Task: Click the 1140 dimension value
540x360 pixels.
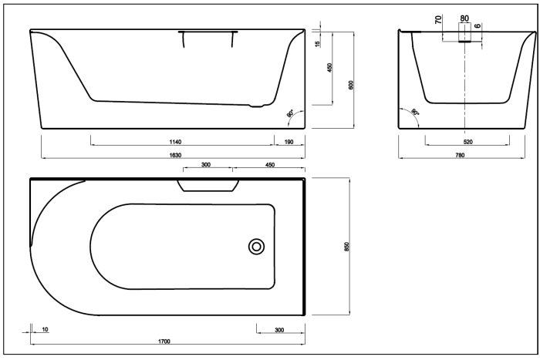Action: click(181, 142)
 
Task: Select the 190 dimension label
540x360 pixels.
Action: click(289, 142)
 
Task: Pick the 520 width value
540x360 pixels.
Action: click(467, 142)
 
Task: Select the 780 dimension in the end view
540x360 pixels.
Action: click(460, 156)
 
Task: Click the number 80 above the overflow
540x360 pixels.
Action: click(464, 17)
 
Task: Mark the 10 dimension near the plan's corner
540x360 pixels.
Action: click(45, 329)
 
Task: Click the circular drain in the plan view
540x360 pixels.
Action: click(256, 246)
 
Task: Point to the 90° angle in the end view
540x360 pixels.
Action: click(414, 113)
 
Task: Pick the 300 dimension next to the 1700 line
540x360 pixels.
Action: click(279, 329)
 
